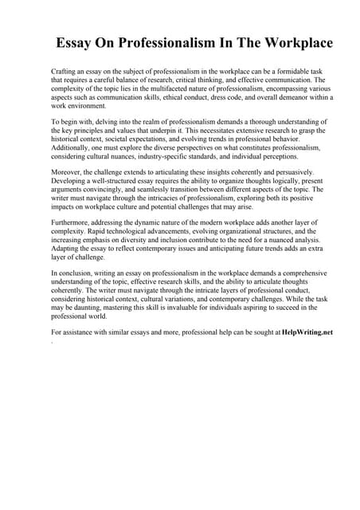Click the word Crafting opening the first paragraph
tap(65, 72)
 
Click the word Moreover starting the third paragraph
tap(67, 173)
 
